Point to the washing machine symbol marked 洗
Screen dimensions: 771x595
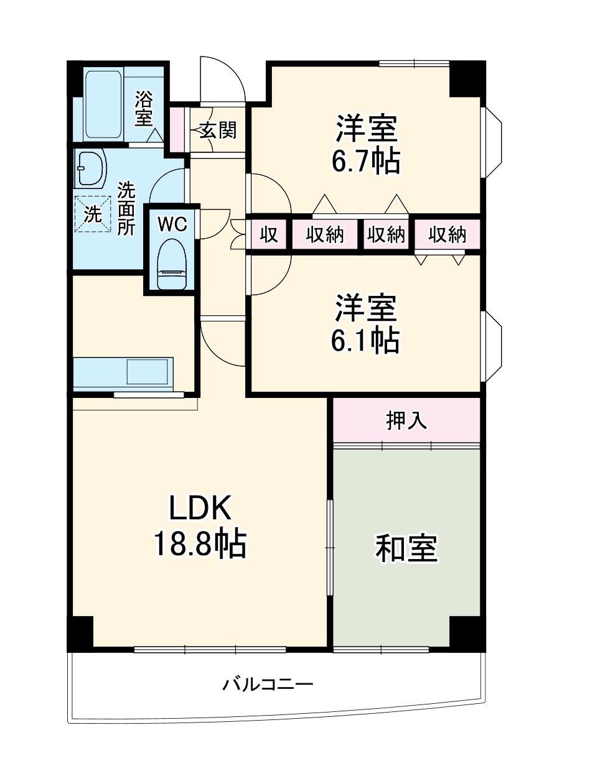[x=93, y=214]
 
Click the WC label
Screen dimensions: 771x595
[x=172, y=224]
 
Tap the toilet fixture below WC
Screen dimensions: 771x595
[x=172, y=266]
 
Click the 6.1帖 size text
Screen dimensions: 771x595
[x=365, y=339]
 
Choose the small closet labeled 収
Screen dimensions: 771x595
[x=268, y=234]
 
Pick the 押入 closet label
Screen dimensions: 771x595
[x=406, y=420]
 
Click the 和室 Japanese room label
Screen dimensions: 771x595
[x=406, y=548]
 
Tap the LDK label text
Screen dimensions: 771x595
[x=200, y=508]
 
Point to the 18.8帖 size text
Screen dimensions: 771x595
[x=200, y=545]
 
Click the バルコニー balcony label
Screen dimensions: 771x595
[x=268, y=685]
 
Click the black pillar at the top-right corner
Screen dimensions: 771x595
[x=466, y=78]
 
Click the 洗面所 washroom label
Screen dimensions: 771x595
[x=126, y=208]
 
